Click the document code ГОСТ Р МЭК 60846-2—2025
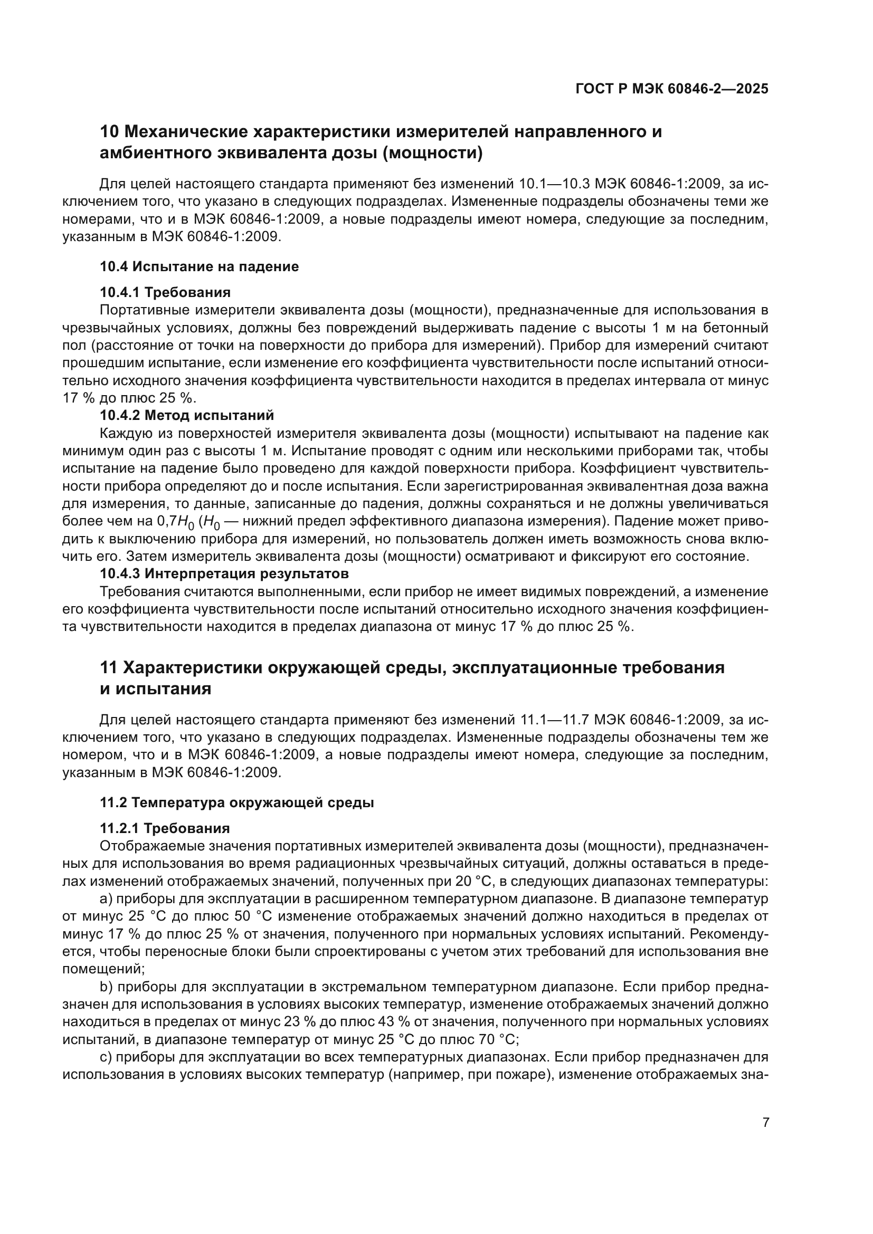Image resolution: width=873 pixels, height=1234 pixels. pos(671,89)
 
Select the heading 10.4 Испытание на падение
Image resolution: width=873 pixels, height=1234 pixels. pos(199,266)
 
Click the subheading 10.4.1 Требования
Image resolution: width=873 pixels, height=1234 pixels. pos(165,292)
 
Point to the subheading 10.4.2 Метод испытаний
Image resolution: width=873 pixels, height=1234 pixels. pos(186,415)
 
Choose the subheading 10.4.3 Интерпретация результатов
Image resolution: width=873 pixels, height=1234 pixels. pos(224,573)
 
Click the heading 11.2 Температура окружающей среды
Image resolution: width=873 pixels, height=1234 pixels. pos(236,802)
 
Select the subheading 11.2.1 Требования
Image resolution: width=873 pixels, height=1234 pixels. pos(165,828)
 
